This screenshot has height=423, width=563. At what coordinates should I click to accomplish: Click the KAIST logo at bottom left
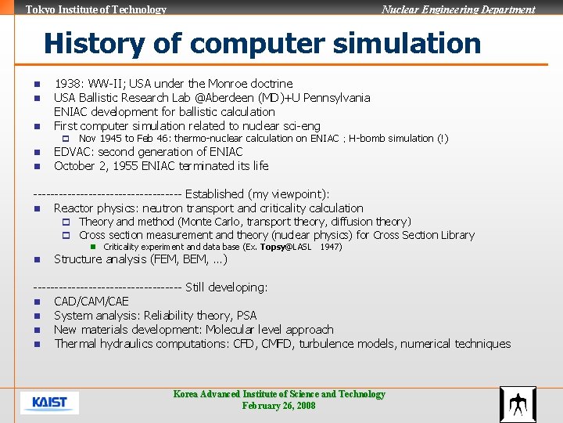[x=49, y=403]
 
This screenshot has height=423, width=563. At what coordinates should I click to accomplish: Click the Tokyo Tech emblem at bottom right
[x=518, y=404]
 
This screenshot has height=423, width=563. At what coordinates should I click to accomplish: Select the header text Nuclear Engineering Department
[x=458, y=9]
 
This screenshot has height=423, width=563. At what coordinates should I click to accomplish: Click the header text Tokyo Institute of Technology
[x=96, y=9]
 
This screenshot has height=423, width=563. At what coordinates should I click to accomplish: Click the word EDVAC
[x=74, y=152]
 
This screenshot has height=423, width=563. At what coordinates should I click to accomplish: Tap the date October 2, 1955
[x=99, y=166]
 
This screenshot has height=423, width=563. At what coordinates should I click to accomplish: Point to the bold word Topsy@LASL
[x=285, y=247]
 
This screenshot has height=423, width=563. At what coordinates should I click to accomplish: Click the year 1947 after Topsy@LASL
[x=331, y=247]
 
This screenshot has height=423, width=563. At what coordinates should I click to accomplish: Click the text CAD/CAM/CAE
[x=91, y=302]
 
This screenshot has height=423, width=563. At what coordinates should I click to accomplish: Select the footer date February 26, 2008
[x=278, y=406]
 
